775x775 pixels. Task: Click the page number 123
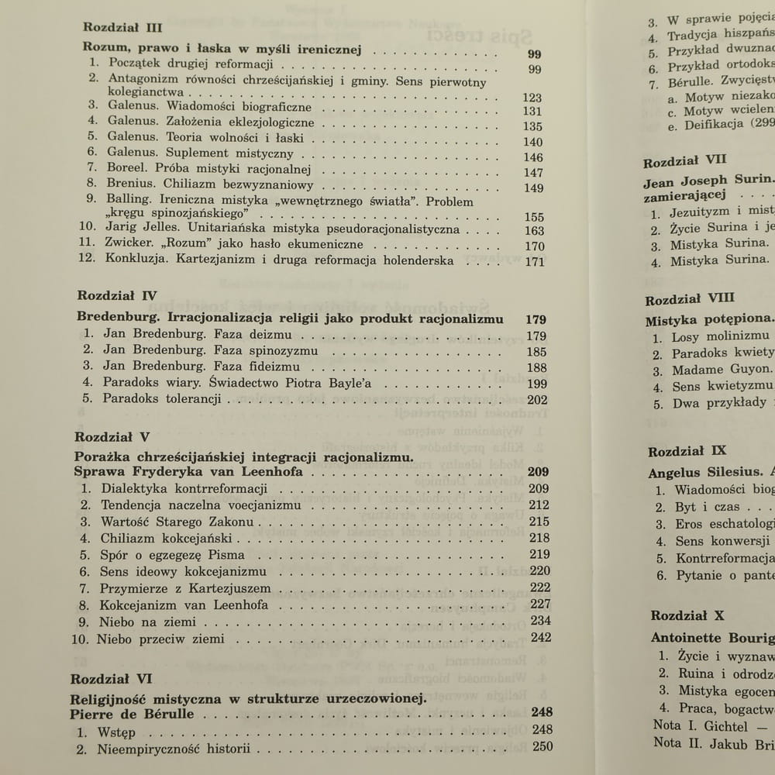pos(532,98)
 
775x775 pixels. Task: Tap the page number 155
pos(534,217)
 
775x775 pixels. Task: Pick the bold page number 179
pos(536,319)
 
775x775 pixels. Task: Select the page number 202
pos(536,400)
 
